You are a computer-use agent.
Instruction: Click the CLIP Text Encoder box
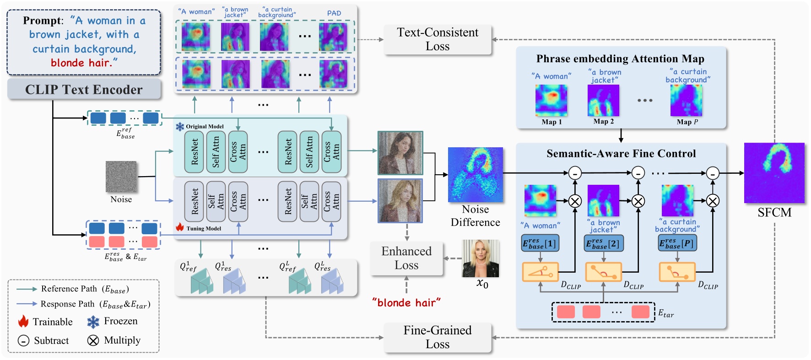[84, 89]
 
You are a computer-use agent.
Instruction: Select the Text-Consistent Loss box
[437, 39]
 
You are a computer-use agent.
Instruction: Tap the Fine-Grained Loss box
[437, 337]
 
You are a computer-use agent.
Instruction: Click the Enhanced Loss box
[406, 258]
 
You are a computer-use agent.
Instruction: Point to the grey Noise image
[121, 177]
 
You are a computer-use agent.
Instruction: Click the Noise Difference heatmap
[475, 175]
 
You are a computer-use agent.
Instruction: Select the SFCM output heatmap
[774, 173]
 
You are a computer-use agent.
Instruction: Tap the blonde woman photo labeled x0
[481, 258]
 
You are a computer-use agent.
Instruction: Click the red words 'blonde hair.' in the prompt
[84, 63]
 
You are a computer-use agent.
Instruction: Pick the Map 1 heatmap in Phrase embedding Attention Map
[551, 101]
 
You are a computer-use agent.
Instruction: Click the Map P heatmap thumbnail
[686, 101]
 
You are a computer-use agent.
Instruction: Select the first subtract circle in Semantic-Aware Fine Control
[575, 173]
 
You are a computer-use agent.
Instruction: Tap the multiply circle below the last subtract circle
[712, 201]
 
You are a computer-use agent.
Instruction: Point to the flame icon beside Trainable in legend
[23, 322]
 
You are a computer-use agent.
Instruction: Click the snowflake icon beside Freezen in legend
[93, 322]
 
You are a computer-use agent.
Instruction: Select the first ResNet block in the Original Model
[194, 152]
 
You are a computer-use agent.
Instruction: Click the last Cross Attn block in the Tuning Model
[331, 201]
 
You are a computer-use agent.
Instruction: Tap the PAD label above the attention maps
[334, 13]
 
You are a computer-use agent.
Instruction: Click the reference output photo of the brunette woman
[400, 153]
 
